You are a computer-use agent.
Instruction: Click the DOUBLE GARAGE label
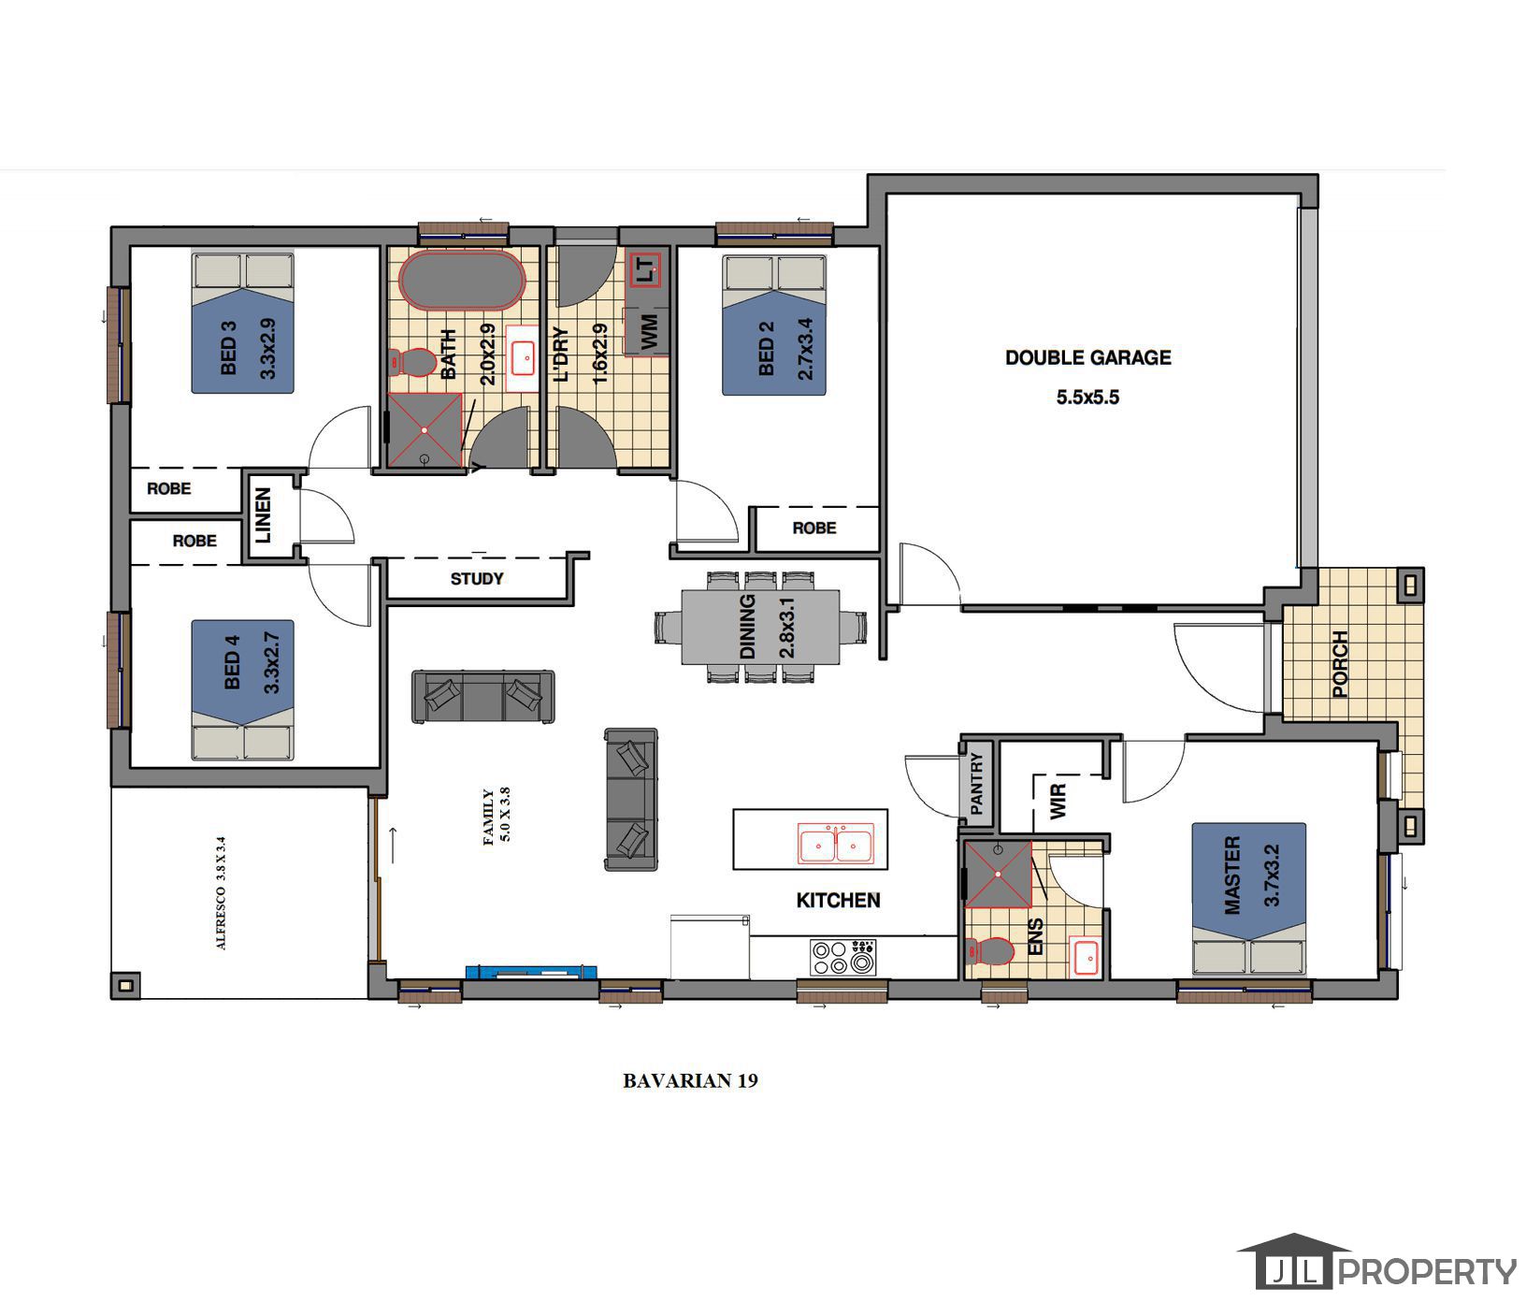pos(1087,357)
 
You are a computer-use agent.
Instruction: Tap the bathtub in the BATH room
pos(462,279)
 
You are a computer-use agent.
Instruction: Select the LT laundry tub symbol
pos(645,270)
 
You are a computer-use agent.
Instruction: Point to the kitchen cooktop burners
pos(842,956)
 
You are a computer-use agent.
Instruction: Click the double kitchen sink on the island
pos(835,843)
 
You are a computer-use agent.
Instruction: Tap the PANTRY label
pos(976,783)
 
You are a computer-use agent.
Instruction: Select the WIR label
pos(1058,802)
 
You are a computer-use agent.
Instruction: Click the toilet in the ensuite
pos(990,952)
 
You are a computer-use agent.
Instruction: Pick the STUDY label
pos(477,579)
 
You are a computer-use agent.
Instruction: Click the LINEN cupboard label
pos(263,515)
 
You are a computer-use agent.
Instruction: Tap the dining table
pos(759,626)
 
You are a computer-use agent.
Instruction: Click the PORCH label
pos(1339,664)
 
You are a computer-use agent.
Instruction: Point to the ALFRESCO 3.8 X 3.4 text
pos(222,892)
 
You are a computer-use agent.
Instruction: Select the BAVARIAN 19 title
pos(690,1080)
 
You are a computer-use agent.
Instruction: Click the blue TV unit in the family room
pos(531,972)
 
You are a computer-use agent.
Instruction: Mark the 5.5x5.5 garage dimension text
pos(1087,398)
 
